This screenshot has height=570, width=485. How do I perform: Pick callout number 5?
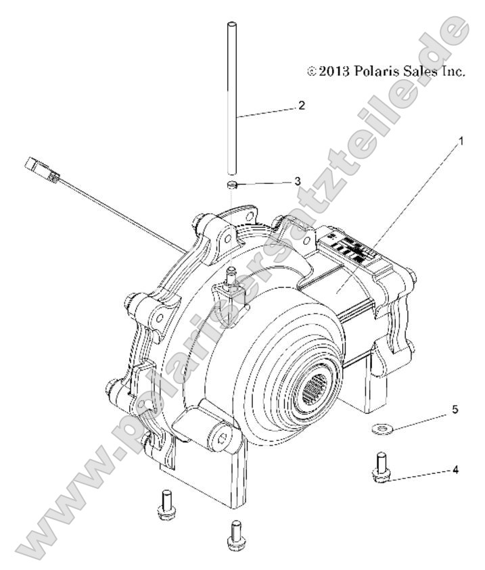(455, 410)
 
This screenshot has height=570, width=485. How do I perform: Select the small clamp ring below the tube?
(231, 184)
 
